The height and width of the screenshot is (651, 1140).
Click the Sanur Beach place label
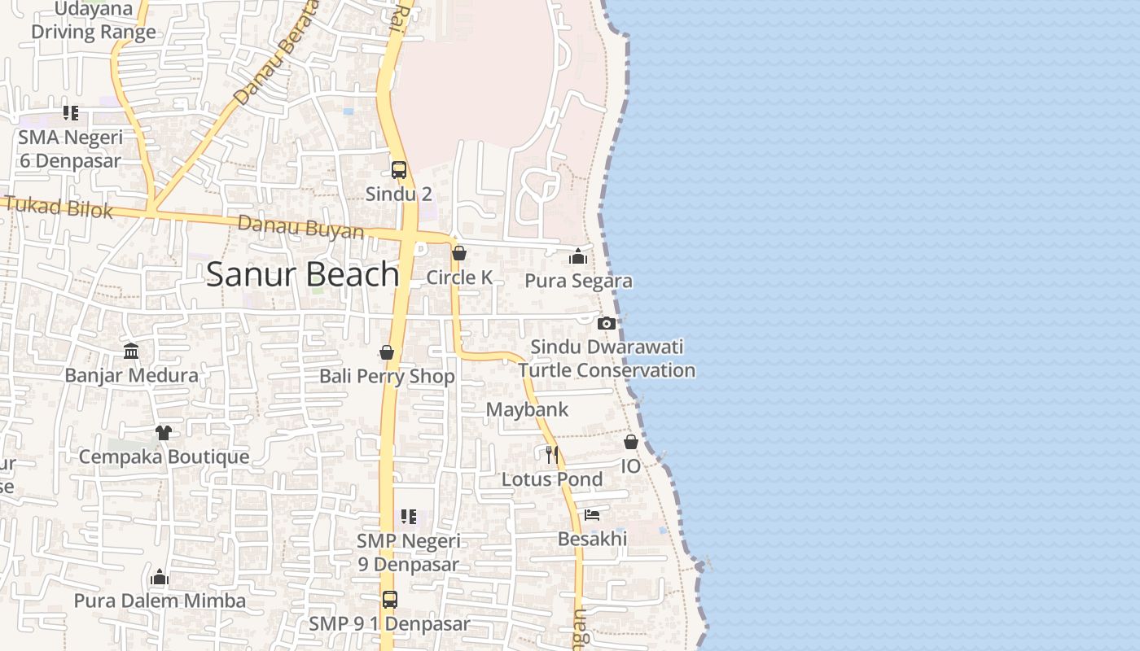pyautogui.click(x=302, y=275)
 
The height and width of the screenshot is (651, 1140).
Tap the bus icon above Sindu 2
pyautogui.click(x=398, y=169)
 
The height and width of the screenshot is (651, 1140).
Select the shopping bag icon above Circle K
pyautogui.click(x=459, y=253)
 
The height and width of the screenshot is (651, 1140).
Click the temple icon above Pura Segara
pyautogui.click(x=578, y=257)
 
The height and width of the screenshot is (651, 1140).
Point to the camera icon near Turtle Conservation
pyautogui.click(x=606, y=323)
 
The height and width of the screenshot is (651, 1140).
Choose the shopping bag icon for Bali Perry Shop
pyautogui.click(x=387, y=352)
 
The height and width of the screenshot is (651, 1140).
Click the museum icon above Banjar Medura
pyautogui.click(x=131, y=352)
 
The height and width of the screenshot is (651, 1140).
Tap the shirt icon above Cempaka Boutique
pyautogui.click(x=164, y=432)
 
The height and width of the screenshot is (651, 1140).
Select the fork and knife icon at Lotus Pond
pyautogui.click(x=552, y=454)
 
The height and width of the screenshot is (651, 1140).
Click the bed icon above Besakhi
pyautogui.click(x=592, y=515)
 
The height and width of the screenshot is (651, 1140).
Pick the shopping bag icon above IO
pyautogui.click(x=631, y=442)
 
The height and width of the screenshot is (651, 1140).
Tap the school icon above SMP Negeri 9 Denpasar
pyautogui.click(x=409, y=516)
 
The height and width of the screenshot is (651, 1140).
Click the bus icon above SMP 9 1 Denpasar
pyautogui.click(x=390, y=600)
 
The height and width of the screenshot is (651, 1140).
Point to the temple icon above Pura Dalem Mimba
pyautogui.click(x=160, y=578)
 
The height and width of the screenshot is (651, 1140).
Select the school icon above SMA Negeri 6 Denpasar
pyautogui.click(x=71, y=113)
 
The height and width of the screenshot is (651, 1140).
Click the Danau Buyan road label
pyautogui.click(x=301, y=227)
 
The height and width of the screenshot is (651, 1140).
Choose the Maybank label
pyautogui.click(x=527, y=409)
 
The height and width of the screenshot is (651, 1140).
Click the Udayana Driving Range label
pyautogui.click(x=94, y=21)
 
